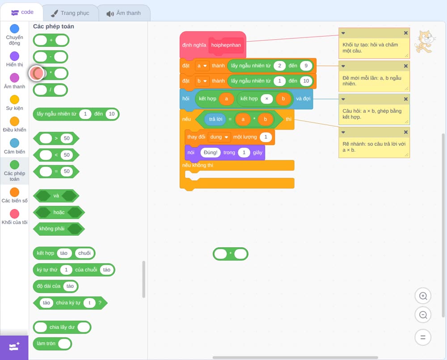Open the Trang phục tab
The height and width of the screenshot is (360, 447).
coord(70,13)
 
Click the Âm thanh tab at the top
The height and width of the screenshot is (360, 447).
coord(124,13)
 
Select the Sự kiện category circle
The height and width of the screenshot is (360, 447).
coord(15,100)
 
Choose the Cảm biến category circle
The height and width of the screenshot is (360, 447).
coord(15,143)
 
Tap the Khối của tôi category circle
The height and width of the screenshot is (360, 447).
coord(15,213)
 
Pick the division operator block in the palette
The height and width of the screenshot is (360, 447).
coord(51,90)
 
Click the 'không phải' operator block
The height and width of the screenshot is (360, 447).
coord(59,229)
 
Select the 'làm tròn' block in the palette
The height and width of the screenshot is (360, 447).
coord(52,343)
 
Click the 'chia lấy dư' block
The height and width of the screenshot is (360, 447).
coord(62,327)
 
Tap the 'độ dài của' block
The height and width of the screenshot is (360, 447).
coord(55,286)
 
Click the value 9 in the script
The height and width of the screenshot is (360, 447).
coord(306,66)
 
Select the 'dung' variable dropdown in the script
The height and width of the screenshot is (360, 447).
coord(219,137)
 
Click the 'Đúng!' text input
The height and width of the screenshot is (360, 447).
coord(211,153)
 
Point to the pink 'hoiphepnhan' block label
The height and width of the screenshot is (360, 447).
coord(226,45)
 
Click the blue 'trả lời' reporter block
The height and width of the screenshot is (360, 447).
coord(215,119)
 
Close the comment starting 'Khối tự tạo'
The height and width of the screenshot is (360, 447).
coord(406,33)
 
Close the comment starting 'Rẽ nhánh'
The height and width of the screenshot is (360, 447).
coord(406,132)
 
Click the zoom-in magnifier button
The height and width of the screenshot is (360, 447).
coord(423,296)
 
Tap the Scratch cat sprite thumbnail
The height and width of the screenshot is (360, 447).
coord(425,42)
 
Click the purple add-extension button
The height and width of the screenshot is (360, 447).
coord(14,347)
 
